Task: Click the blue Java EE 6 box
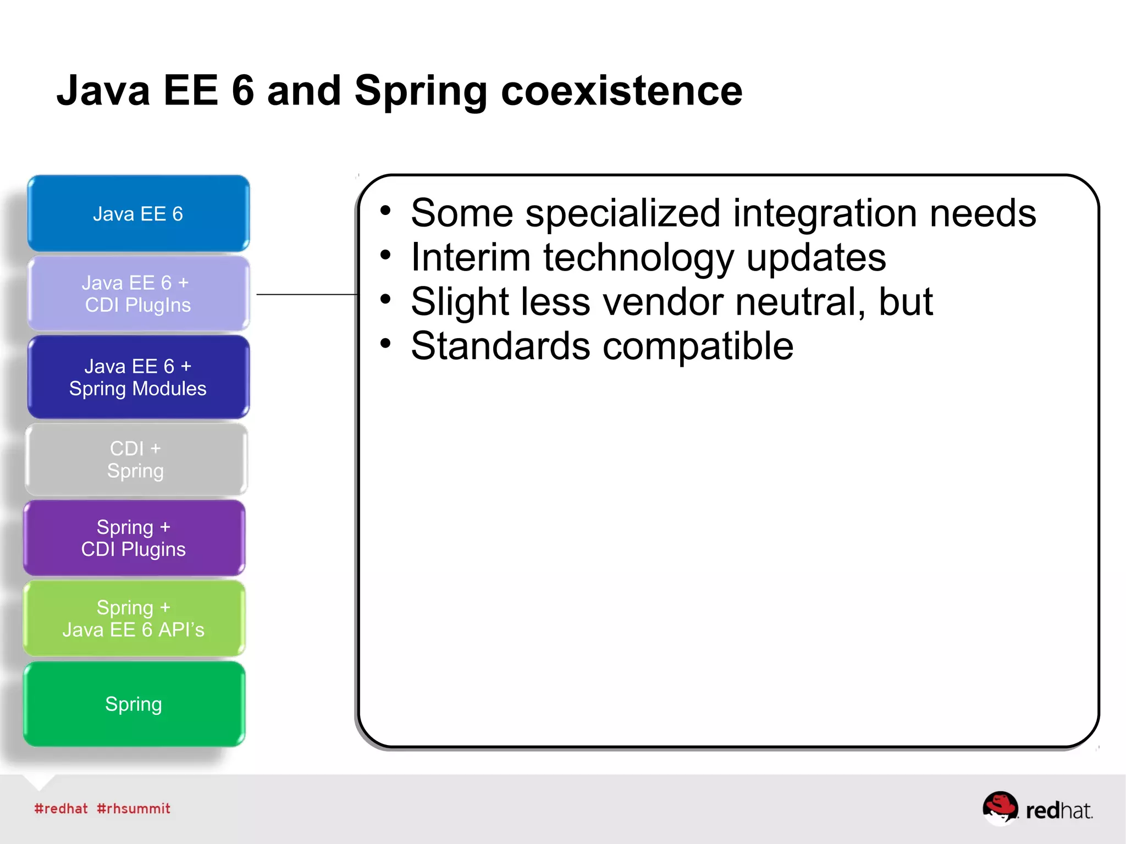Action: pos(138,213)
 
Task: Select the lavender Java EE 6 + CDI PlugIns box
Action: pos(138,294)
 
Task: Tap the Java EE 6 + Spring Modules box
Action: pos(138,377)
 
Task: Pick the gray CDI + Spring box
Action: pos(136,460)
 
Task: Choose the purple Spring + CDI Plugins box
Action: pos(134,538)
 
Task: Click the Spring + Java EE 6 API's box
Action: pos(134,618)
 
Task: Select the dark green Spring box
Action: pos(134,704)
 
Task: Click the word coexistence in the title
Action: pos(621,91)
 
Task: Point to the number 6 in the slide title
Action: pos(242,91)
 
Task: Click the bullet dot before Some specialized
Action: pos(385,211)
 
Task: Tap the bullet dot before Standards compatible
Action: pos(385,344)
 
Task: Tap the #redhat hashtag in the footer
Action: pos(60,808)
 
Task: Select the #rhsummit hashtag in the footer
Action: pos(134,808)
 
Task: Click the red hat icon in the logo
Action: pos(1000,807)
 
